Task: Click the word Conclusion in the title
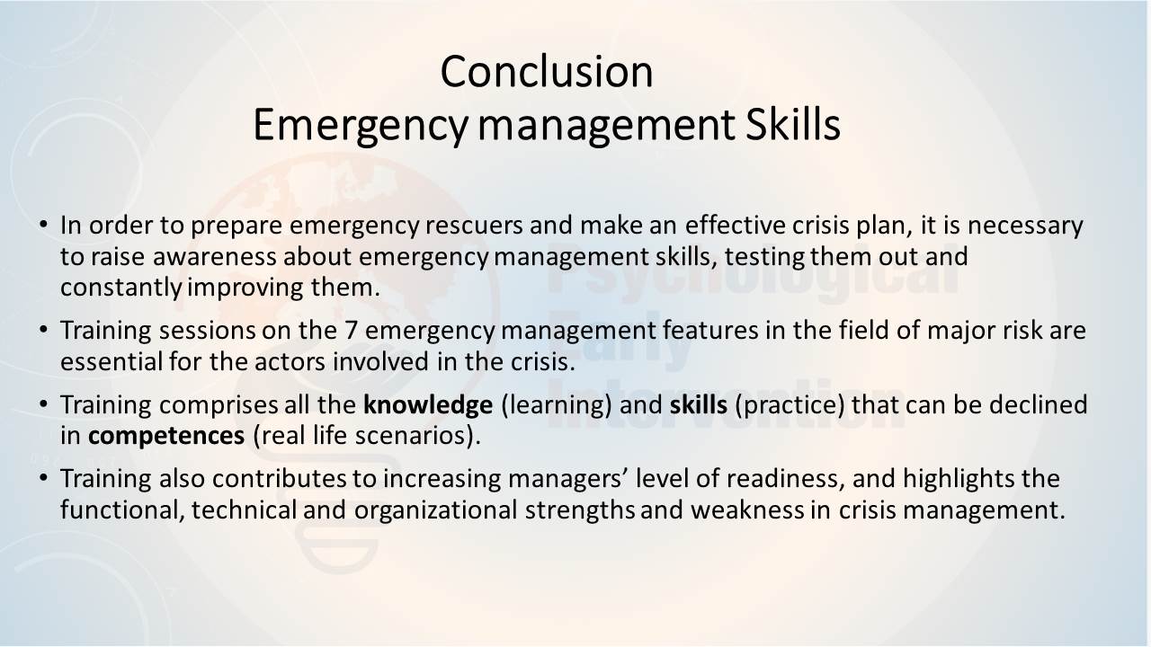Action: pyautogui.click(x=547, y=72)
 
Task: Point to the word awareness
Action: pyautogui.click(x=214, y=256)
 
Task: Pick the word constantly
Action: pyautogui.click(x=120, y=288)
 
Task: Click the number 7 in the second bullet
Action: pyautogui.click(x=351, y=330)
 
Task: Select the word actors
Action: pyautogui.click(x=290, y=361)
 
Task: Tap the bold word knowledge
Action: pyautogui.click(x=428, y=404)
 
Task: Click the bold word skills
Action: pyautogui.click(x=699, y=404)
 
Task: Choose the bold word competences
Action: pyautogui.click(x=166, y=436)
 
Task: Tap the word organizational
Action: pyautogui.click(x=436, y=510)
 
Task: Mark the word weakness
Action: pyautogui.click(x=747, y=510)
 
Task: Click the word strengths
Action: pyautogui.click(x=580, y=510)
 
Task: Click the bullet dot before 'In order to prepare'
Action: pyautogui.click(x=44, y=225)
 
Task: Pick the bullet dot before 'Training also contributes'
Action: pyautogui.click(x=44, y=478)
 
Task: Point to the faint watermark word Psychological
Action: pyautogui.click(x=754, y=272)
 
